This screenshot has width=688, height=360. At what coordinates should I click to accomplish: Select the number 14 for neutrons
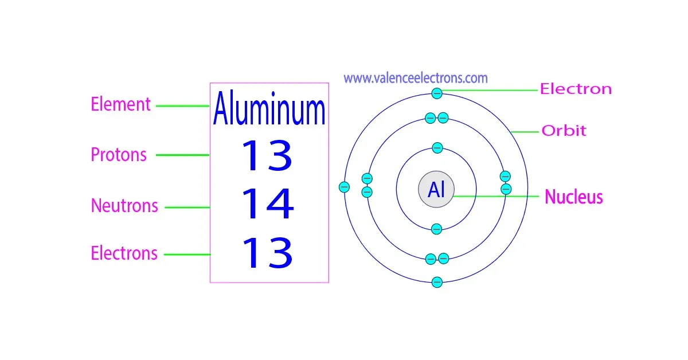(267, 205)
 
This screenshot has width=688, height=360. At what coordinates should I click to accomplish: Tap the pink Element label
(120, 105)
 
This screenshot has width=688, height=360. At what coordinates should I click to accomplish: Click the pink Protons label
(119, 155)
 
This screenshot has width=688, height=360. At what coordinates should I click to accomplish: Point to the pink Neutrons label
(124, 206)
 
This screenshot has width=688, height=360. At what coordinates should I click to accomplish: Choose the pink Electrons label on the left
(124, 253)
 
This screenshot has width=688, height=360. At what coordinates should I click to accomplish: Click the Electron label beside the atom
(576, 89)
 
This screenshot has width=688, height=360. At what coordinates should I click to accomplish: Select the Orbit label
(564, 131)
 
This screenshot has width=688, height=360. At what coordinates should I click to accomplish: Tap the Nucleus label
(573, 197)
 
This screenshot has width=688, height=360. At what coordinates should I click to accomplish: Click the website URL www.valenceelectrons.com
(416, 78)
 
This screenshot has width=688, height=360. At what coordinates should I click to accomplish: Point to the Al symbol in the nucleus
(436, 190)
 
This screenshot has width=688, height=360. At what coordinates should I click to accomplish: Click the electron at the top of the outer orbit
(437, 92)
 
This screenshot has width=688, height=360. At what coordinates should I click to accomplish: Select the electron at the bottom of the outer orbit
(437, 282)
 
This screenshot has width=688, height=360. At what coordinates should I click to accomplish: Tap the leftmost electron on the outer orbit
(344, 187)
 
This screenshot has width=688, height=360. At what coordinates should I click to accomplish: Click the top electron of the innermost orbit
(437, 148)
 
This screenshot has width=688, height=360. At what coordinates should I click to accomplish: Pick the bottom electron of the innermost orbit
(436, 229)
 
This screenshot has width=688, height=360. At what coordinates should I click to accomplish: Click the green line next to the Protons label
(183, 155)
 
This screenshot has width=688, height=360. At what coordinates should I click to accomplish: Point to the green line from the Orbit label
(524, 132)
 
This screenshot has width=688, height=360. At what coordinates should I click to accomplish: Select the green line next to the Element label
(182, 105)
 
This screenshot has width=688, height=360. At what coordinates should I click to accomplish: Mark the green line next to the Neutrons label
(187, 208)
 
